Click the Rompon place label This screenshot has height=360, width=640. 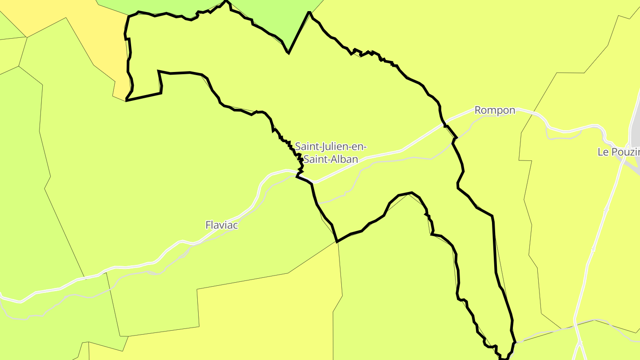[495, 110]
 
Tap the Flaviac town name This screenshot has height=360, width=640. [221, 225]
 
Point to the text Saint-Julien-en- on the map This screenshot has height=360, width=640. [331, 146]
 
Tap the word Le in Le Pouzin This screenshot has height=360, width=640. [602, 152]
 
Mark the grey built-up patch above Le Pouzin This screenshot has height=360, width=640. [636, 129]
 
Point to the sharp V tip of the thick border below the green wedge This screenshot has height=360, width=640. [288, 53]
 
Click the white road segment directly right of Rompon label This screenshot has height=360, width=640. [529, 110]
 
